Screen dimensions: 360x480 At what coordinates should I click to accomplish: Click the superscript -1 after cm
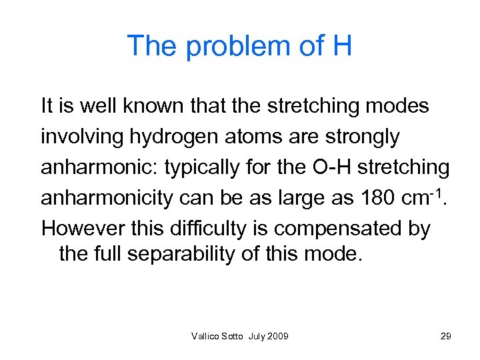pos(440,193)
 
